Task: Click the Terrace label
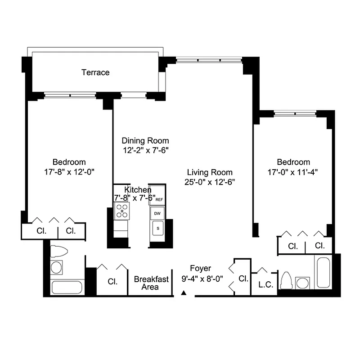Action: [95, 72]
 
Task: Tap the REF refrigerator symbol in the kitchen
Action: [159, 199]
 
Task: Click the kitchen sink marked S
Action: [157, 229]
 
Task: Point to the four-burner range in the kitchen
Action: [122, 210]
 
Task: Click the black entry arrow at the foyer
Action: [184, 293]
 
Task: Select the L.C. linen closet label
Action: [264, 284]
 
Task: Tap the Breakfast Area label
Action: [151, 283]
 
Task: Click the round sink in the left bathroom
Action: [56, 268]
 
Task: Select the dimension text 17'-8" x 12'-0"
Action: [69, 171]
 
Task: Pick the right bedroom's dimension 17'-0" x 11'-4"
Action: [293, 171]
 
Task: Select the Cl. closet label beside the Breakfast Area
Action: [112, 282]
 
